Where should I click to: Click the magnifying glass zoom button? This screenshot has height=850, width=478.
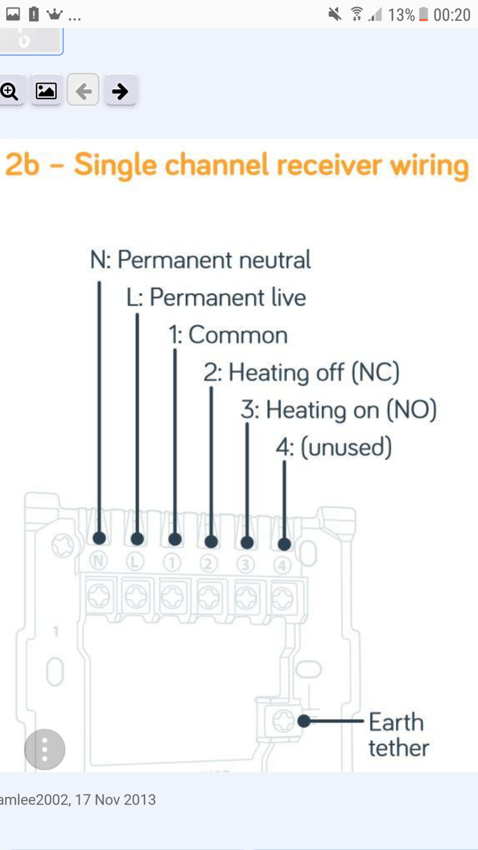(x=10, y=91)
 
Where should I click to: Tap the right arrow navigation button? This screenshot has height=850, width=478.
(x=120, y=91)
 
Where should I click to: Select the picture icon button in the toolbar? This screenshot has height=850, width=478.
(x=46, y=91)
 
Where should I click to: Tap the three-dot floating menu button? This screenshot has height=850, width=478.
(x=45, y=750)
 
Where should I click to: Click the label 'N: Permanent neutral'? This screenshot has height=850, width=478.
(x=200, y=260)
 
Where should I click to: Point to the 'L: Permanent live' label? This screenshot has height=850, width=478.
(x=216, y=297)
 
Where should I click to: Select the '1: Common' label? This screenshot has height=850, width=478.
(x=228, y=335)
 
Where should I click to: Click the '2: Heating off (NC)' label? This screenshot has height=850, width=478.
(x=302, y=372)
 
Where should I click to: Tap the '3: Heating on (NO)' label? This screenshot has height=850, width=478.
(x=339, y=410)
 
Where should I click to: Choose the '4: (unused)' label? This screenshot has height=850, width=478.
(x=334, y=447)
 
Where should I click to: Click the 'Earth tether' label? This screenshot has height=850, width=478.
(x=399, y=735)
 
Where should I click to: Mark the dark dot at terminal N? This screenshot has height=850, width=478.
(x=99, y=538)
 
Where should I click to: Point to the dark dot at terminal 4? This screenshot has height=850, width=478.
(x=285, y=544)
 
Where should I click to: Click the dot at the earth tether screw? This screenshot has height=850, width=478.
(x=304, y=721)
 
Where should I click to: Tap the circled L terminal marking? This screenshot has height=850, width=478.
(x=135, y=562)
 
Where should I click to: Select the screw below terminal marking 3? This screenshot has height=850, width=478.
(x=246, y=597)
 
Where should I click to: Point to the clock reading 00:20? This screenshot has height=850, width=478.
(x=452, y=15)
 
